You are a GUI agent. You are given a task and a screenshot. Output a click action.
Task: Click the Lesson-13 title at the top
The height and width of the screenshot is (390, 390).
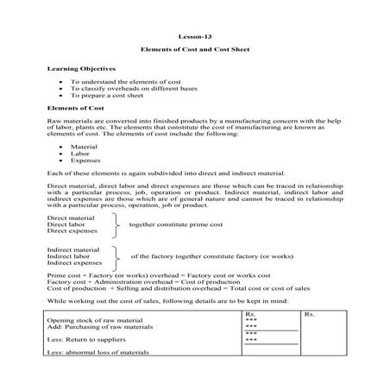coord(194,37)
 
